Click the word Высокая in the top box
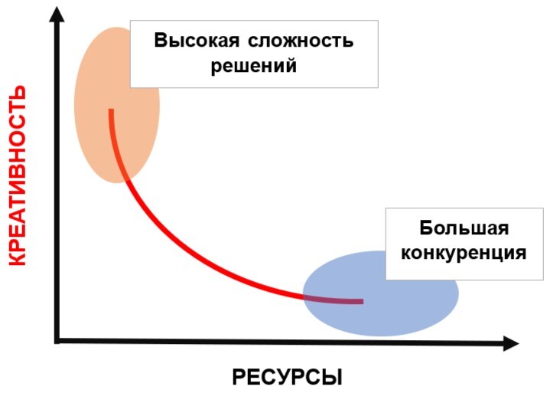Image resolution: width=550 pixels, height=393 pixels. click(197, 41)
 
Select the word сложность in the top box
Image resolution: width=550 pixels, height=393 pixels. click(301, 41)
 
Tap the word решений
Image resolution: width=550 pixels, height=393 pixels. click(254, 65)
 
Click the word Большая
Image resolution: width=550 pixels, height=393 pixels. click(464, 228)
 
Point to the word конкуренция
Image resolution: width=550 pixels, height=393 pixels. click(464, 253)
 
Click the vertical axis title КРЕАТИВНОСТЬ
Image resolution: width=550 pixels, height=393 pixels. click(17, 175)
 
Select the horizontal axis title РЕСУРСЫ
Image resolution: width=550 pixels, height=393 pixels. click(287, 378)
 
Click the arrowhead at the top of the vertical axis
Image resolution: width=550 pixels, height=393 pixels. click(57, 14)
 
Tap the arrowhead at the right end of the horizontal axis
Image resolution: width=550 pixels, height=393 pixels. click(511, 343)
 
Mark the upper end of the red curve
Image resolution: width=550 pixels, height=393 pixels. click(111, 110)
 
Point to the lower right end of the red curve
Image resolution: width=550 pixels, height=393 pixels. click(363, 301)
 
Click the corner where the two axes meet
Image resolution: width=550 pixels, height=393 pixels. click(57, 342)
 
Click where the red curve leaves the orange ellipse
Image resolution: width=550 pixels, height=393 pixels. click(127, 180)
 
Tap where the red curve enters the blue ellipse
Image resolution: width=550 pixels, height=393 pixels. click(304, 296)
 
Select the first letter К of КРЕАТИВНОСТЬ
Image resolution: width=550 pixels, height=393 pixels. click(17, 258)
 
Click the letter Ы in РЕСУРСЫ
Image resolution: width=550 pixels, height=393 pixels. click(332, 378)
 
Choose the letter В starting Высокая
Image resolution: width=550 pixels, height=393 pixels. click(161, 41)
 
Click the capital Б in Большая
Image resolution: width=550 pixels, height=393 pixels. click(426, 228)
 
